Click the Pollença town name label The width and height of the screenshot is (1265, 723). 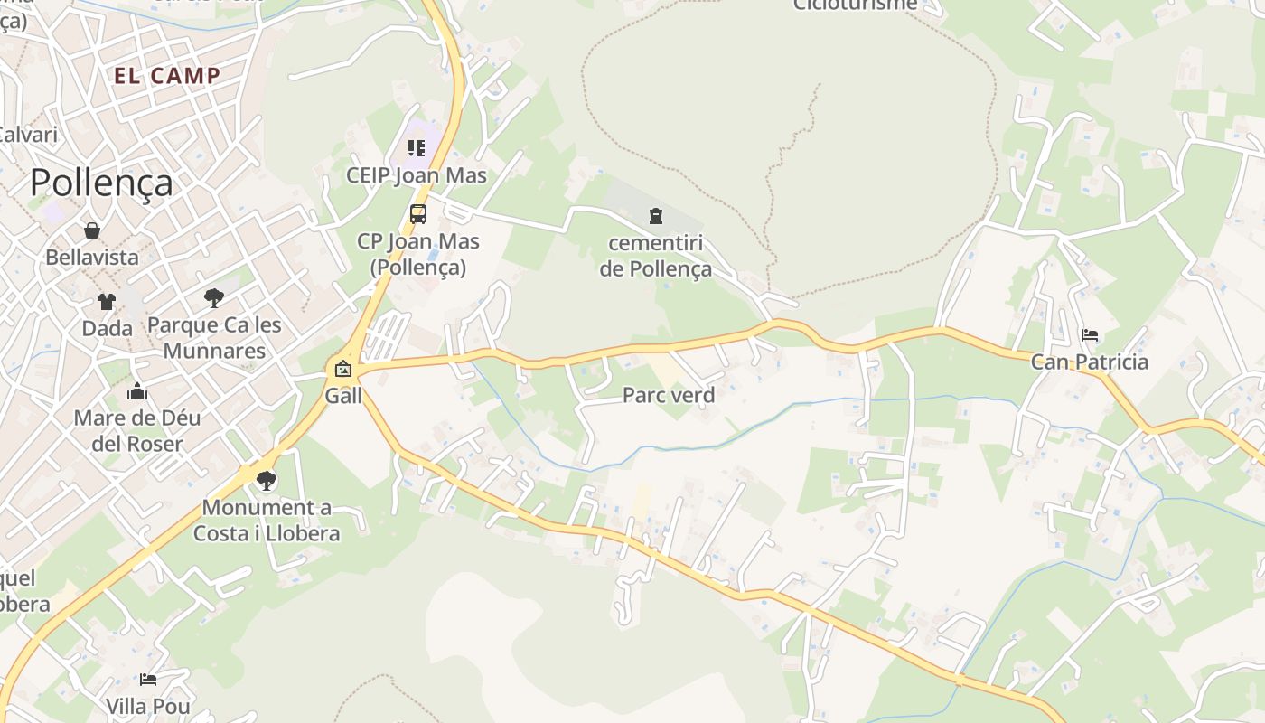[x=101, y=183]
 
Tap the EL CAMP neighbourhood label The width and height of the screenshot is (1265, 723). [x=167, y=76]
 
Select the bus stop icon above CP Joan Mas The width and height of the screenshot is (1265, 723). [x=417, y=214]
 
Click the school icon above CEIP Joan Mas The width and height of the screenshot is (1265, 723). [x=416, y=147]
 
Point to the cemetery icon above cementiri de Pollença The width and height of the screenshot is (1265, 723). [x=655, y=215]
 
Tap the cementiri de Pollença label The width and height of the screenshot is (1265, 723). [x=655, y=256]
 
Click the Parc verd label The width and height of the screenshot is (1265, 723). [x=669, y=395]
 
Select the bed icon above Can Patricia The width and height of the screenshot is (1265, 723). [x=1090, y=335]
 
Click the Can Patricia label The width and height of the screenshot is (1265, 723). [x=1090, y=362]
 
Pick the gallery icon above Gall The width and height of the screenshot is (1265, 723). [x=343, y=368]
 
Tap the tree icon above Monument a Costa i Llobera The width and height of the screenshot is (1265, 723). [x=266, y=480]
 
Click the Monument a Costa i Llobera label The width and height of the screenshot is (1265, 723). [x=267, y=521]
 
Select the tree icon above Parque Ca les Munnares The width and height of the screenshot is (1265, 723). [x=214, y=297]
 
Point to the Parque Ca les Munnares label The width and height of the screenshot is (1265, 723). [x=214, y=338]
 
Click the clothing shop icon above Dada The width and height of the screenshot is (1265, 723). [x=107, y=301]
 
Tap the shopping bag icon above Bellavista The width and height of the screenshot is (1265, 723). [x=91, y=230]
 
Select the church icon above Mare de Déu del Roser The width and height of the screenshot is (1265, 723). [x=137, y=391]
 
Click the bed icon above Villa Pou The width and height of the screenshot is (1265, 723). [x=148, y=679]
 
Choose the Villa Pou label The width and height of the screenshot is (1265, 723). [x=148, y=706]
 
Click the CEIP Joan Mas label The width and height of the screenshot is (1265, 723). [x=417, y=175]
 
